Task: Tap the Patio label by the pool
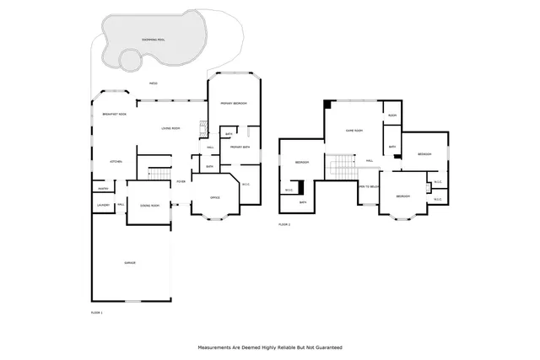coord(153,83)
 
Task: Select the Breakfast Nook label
coord(114,114)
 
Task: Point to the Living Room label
coord(172,128)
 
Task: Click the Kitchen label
coord(116,161)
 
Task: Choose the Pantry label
coord(103,189)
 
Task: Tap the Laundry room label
coord(103,205)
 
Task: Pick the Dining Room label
coord(150,205)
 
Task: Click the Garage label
coord(130,263)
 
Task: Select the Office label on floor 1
coord(216,199)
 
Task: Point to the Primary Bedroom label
coord(234,103)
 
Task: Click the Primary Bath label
coord(238,147)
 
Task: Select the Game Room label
coord(354,131)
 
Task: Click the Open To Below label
coord(368,186)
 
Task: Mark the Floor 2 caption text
coord(284,225)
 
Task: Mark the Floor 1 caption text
coord(96,312)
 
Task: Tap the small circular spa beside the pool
coord(130,60)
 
